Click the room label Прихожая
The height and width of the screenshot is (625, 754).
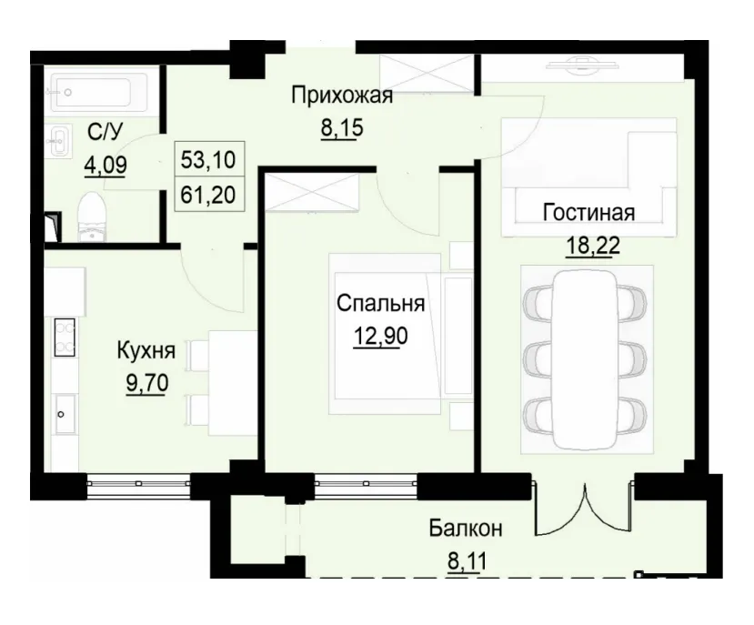341,96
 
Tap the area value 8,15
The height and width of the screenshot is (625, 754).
341,127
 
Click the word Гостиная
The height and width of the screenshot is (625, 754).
588,213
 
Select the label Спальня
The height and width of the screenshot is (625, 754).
380,303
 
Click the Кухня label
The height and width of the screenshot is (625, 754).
146,349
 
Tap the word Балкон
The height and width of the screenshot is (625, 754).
466,528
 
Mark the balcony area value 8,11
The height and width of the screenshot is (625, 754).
466,559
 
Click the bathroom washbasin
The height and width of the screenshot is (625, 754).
60,142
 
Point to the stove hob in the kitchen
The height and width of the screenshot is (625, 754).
64,338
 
